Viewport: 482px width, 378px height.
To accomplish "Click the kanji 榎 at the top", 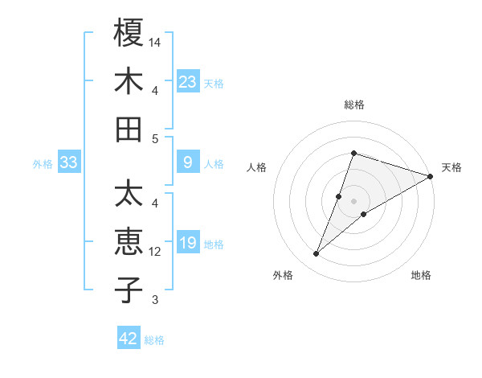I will click(129, 33).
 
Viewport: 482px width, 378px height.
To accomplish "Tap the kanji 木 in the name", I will click(129, 81).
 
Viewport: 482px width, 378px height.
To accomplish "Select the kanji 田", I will click(129, 129).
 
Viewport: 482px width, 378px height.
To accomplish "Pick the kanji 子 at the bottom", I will click(129, 290).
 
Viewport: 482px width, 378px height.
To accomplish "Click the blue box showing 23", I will click(188, 81).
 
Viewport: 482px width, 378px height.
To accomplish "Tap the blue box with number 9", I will click(188, 163).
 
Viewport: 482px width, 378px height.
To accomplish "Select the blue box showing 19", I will click(188, 243).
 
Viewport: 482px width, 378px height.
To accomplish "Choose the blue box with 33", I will click(69, 163).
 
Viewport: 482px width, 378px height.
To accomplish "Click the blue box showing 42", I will click(129, 339).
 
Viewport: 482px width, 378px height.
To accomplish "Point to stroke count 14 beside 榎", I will click(156, 41).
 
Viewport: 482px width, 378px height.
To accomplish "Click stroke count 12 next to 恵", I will click(156, 252).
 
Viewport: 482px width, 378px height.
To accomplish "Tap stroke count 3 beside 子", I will click(155, 300).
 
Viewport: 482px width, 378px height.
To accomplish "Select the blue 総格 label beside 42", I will click(155, 340).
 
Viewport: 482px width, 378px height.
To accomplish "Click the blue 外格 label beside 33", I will click(43, 165).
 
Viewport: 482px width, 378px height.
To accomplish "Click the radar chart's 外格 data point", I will click(316, 254).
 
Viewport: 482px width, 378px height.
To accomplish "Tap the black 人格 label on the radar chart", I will click(257, 167).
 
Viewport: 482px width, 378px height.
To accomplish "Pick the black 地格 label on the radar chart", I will click(421, 276).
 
